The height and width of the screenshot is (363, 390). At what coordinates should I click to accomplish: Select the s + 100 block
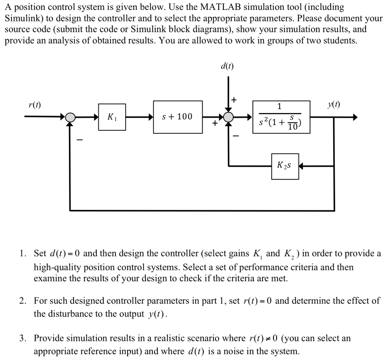coord(177,117)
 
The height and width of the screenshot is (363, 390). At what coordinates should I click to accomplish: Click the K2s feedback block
coord(285,166)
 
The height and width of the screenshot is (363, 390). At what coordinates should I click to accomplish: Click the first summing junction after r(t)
coord(70,117)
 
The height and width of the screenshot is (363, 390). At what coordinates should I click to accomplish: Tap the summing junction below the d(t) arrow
coord(228,117)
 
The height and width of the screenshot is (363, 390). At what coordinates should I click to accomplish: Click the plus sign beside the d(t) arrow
coord(234,100)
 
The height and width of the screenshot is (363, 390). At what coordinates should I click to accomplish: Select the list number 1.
coord(23,253)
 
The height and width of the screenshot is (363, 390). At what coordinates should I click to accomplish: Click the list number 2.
coord(23,301)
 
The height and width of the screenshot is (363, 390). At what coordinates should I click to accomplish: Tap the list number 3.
coord(23,338)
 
